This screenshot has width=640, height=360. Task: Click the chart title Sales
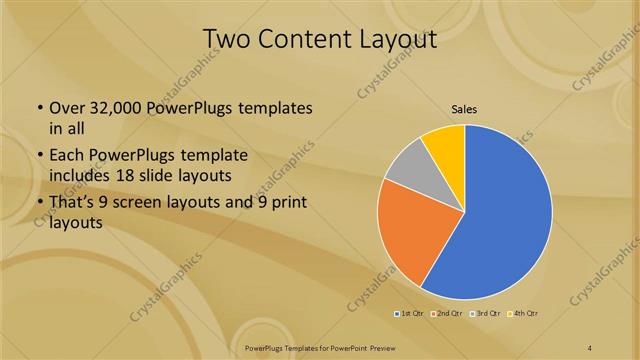tap(463, 108)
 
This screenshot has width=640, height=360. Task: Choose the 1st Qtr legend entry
tap(408, 315)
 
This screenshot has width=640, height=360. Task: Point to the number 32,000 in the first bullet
tap(113, 108)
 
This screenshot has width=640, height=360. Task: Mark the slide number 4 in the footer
tap(590, 347)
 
